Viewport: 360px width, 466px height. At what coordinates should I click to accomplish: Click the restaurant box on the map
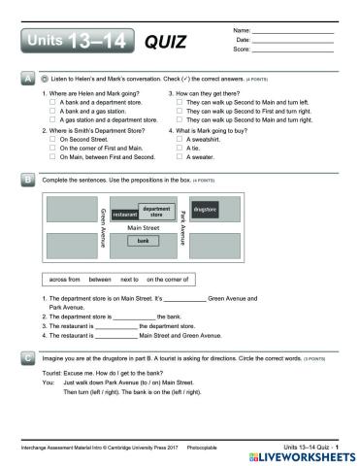(x=125, y=214)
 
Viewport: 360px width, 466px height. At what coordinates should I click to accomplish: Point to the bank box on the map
(x=143, y=240)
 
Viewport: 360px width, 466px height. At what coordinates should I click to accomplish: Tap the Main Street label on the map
(x=143, y=227)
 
